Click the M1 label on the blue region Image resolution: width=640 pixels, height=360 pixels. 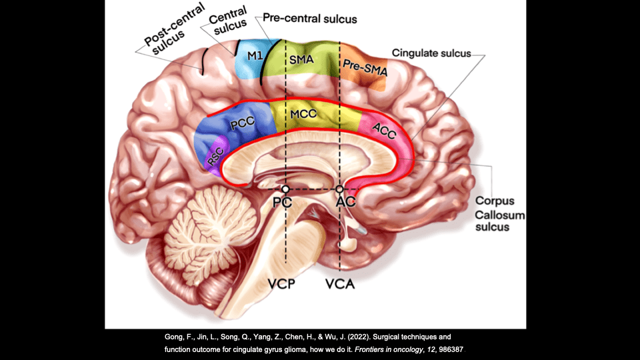[255, 55]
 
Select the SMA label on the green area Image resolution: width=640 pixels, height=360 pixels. [301, 59]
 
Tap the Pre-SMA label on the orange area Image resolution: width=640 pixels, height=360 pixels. [365, 68]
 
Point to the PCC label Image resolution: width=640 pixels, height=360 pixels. [243, 123]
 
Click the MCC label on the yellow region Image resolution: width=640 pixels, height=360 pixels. [303, 114]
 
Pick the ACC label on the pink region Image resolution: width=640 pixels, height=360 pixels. [384, 131]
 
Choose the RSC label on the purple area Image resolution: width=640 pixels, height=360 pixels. [215, 156]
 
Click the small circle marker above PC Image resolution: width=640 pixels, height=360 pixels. [286, 189]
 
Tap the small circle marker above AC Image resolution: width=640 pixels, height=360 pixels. [339, 189]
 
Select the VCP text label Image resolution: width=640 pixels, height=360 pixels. [281, 284]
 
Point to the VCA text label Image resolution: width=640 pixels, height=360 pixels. [340, 284]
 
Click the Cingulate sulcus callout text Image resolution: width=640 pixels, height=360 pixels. [431, 53]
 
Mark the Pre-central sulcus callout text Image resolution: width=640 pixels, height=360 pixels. [310, 19]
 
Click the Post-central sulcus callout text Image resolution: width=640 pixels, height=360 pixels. [173, 30]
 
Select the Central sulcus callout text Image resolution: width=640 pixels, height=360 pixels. [229, 21]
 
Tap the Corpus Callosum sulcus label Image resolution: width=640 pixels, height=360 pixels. [499, 214]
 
